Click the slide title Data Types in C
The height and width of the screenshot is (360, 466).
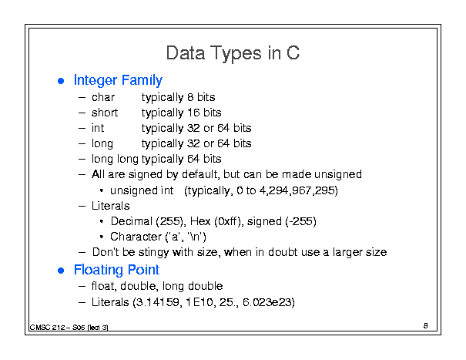[233, 53]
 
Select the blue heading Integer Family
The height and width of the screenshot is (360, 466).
[118, 80]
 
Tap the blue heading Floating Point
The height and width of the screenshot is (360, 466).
[116, 270]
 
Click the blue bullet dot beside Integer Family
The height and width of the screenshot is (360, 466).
[61, 81]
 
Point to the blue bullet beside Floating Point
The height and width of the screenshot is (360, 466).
[61, 271]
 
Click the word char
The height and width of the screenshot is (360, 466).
[103, 97]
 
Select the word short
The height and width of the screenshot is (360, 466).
[105, 113]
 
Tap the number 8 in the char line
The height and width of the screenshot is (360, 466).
[190, 97]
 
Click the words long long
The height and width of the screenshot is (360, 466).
[115, 159]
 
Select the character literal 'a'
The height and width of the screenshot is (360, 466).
[174, 237]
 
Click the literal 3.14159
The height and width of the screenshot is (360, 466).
[157, 302]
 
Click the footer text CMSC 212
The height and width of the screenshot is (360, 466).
[47, 328]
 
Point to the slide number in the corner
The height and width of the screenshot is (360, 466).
[426, 326]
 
